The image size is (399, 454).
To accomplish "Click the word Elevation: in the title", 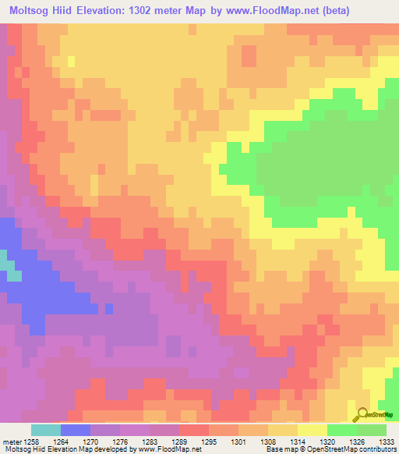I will (108, 11).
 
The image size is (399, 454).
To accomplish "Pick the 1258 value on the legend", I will (31, 441).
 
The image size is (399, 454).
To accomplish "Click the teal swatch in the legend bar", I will (46, 430).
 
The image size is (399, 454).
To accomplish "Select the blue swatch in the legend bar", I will (76, 430).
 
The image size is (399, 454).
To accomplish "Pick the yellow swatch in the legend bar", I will (312, 430).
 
